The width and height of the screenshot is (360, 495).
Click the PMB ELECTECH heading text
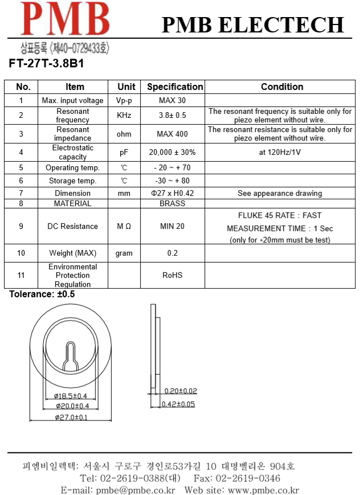click(253, 25)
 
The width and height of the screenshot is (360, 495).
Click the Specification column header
click(175, 87)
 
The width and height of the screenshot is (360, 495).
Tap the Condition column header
click(281, 87)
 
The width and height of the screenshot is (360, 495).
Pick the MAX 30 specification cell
click(172, 101)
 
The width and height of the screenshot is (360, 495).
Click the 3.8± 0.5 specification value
click(172, 116)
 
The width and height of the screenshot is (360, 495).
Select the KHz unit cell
click(124, 116)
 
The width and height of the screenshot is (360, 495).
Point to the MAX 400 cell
click(172, 134)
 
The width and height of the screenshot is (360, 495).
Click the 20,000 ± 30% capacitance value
click(172, 153)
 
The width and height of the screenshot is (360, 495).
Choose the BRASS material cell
click(172, 203)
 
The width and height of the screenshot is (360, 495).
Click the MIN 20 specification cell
click(172, 227)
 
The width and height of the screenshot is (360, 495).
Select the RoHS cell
click(172, 275)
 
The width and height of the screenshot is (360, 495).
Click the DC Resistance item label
click(72, 227)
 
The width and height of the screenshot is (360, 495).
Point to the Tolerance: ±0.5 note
click(42, 294)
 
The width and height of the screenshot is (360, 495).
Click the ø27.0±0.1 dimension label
click(71, 418)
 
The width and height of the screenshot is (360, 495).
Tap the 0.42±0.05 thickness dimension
click(178, 404)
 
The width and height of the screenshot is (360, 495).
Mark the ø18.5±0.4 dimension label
click(71, 396)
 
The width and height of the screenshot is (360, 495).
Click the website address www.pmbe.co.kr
click(263, 490)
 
